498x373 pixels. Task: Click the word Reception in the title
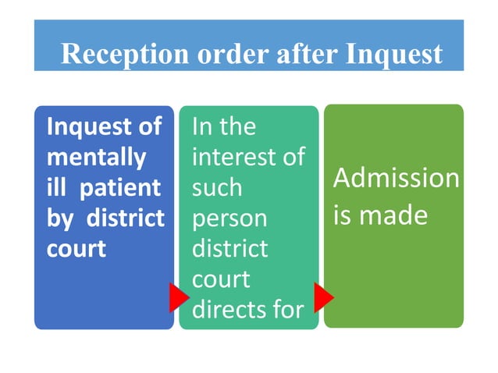point(125,54)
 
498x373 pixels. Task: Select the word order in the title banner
point(233,53)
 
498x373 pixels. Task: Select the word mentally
point(97,158)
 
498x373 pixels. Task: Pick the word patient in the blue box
point(120,189)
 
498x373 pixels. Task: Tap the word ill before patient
point(56,186)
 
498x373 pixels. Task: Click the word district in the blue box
point(126,218)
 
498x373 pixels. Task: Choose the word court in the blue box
point(76,249)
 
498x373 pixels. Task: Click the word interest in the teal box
point(233,156)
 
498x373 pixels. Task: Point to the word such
point(217,187)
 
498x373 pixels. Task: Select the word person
point(229,219)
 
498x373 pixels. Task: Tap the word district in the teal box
point(230,248)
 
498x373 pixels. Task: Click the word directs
point(229,309)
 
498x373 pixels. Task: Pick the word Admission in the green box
point(396,178)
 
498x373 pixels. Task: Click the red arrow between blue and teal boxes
point(179,297)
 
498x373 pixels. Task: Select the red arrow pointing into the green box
point(324,297)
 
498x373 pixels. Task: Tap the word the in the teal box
point(237,126)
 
